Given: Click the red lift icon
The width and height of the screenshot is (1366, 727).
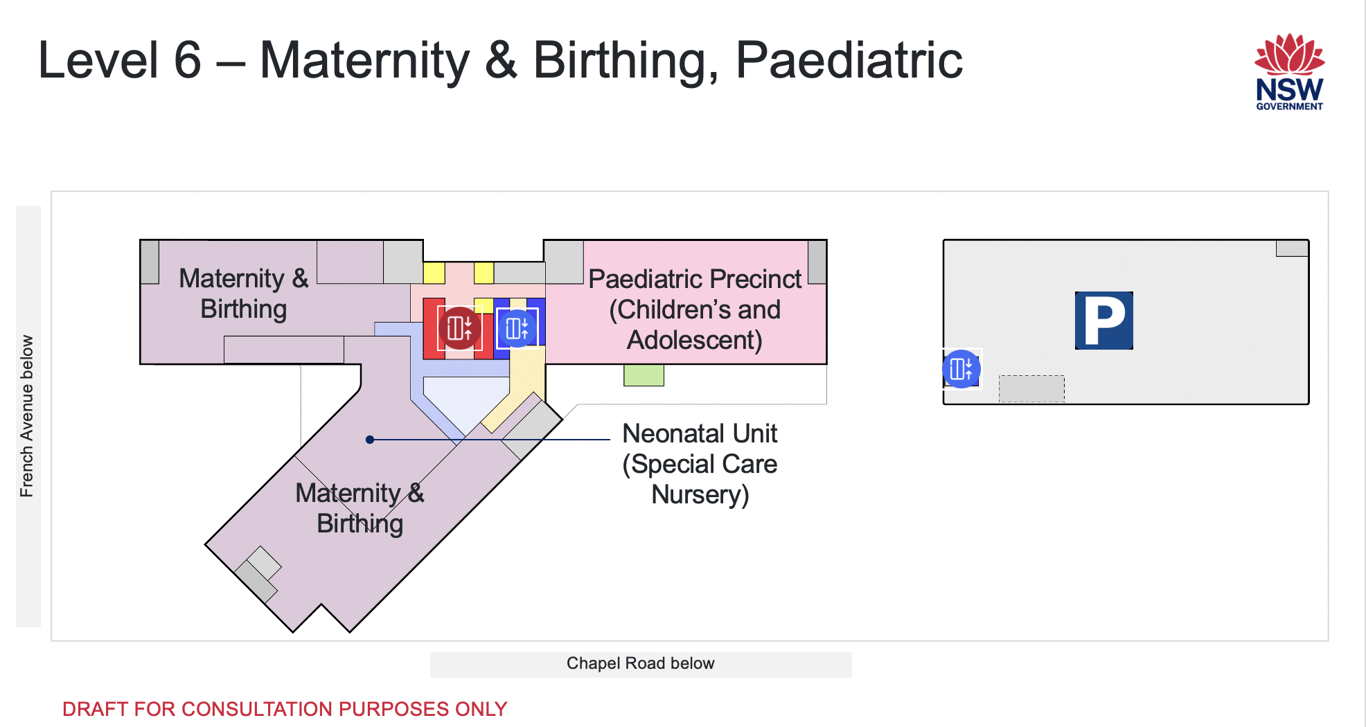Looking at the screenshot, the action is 459,328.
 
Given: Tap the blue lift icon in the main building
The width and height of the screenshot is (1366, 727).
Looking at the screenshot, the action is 517,328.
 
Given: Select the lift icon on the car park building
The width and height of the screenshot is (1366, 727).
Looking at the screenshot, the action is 961,369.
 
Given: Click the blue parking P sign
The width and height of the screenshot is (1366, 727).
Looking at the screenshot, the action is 1103,321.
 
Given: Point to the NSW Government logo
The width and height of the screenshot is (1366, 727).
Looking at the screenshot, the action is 1289,72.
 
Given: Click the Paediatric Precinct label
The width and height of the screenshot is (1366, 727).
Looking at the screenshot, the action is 695,309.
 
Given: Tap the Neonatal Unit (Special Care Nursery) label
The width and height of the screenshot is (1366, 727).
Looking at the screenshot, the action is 700,464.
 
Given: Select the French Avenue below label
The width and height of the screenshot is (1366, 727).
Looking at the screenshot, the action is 27,416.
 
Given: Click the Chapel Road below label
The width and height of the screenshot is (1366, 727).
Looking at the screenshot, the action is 640,663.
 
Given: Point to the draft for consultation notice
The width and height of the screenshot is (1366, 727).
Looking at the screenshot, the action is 285,709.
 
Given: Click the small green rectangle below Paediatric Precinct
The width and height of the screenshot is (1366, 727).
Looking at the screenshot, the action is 644,375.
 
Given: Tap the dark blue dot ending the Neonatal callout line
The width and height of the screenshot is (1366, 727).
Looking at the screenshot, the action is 370,440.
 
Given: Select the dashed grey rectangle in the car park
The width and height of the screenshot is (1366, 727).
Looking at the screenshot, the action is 1031,388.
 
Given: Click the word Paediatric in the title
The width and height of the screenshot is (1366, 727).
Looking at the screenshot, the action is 849,60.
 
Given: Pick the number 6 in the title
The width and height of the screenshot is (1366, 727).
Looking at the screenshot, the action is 187,60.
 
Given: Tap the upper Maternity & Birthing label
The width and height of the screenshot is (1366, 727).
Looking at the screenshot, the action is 244,294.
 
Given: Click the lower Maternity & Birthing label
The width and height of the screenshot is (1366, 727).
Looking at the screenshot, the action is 360,508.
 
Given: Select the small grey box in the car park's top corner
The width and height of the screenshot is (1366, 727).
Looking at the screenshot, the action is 1292,248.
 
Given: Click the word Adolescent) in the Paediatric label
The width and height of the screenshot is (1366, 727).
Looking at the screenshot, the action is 695,341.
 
